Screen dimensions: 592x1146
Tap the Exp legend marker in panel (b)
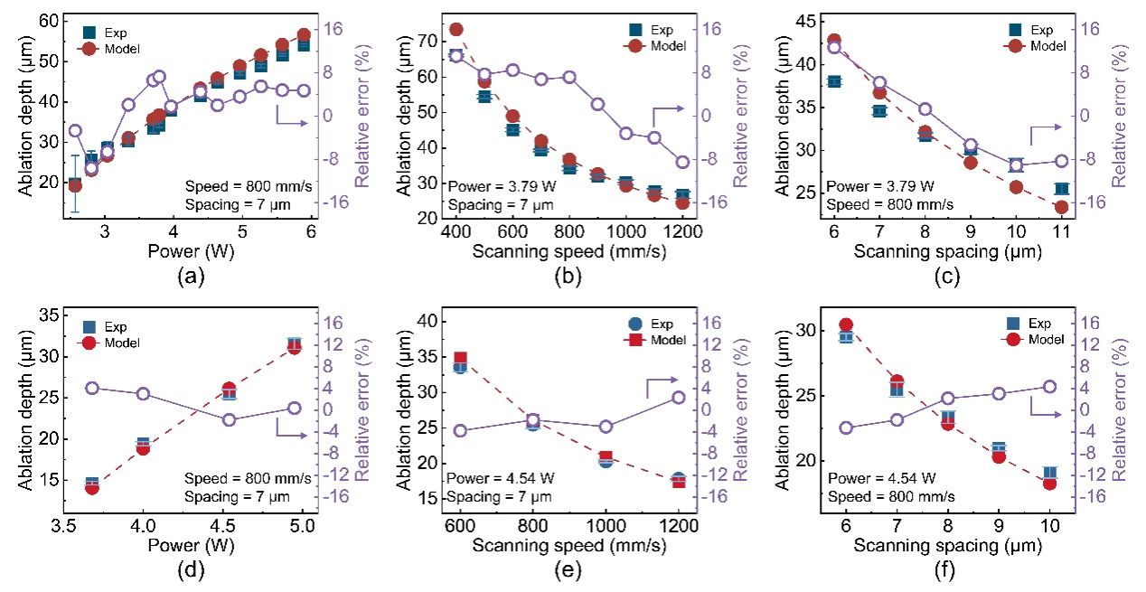click(x=640, y=29)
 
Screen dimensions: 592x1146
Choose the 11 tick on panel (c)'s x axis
click(x=1061, y=233)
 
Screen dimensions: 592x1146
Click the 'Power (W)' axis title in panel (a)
click(x=192, y=253)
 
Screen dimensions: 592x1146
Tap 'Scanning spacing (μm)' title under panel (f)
click(x=947, y=547)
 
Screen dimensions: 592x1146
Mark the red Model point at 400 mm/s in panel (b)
click(x=456, y=30)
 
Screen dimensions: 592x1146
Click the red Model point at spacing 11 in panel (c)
click(x=1061, y=207)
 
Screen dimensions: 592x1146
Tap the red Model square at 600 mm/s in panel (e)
click(x=460, y=359)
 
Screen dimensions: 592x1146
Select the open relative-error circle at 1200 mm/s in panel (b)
click(x=682, y=163)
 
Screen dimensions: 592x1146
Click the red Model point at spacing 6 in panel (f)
click(x=846, y=324)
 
